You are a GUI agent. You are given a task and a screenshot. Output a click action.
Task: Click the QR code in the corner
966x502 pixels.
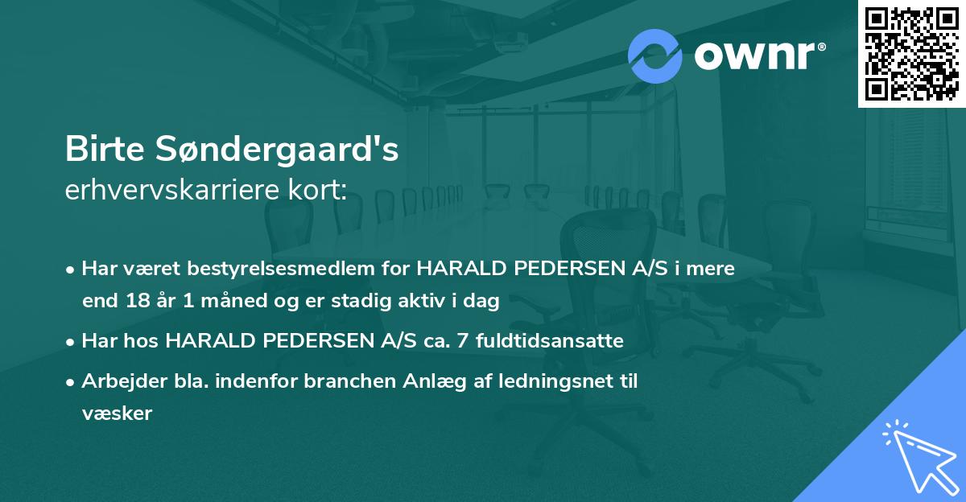pyautogui.click(x=910, y=53)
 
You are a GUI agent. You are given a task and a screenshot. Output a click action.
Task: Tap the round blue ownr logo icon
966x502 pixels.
pyautogui.click(x=655, y=56)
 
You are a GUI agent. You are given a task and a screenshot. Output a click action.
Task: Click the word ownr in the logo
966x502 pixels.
pyautogui.click(x=752, y=56)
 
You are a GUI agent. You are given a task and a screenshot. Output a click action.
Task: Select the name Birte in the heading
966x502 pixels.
pyautogui.click(x=104, y=150)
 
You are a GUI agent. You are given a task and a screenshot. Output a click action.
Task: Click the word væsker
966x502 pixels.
pyautogui.click(x=117, y=414)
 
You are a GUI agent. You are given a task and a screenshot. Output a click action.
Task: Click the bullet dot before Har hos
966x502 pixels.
pyautogui.click(x=71, y=342)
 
